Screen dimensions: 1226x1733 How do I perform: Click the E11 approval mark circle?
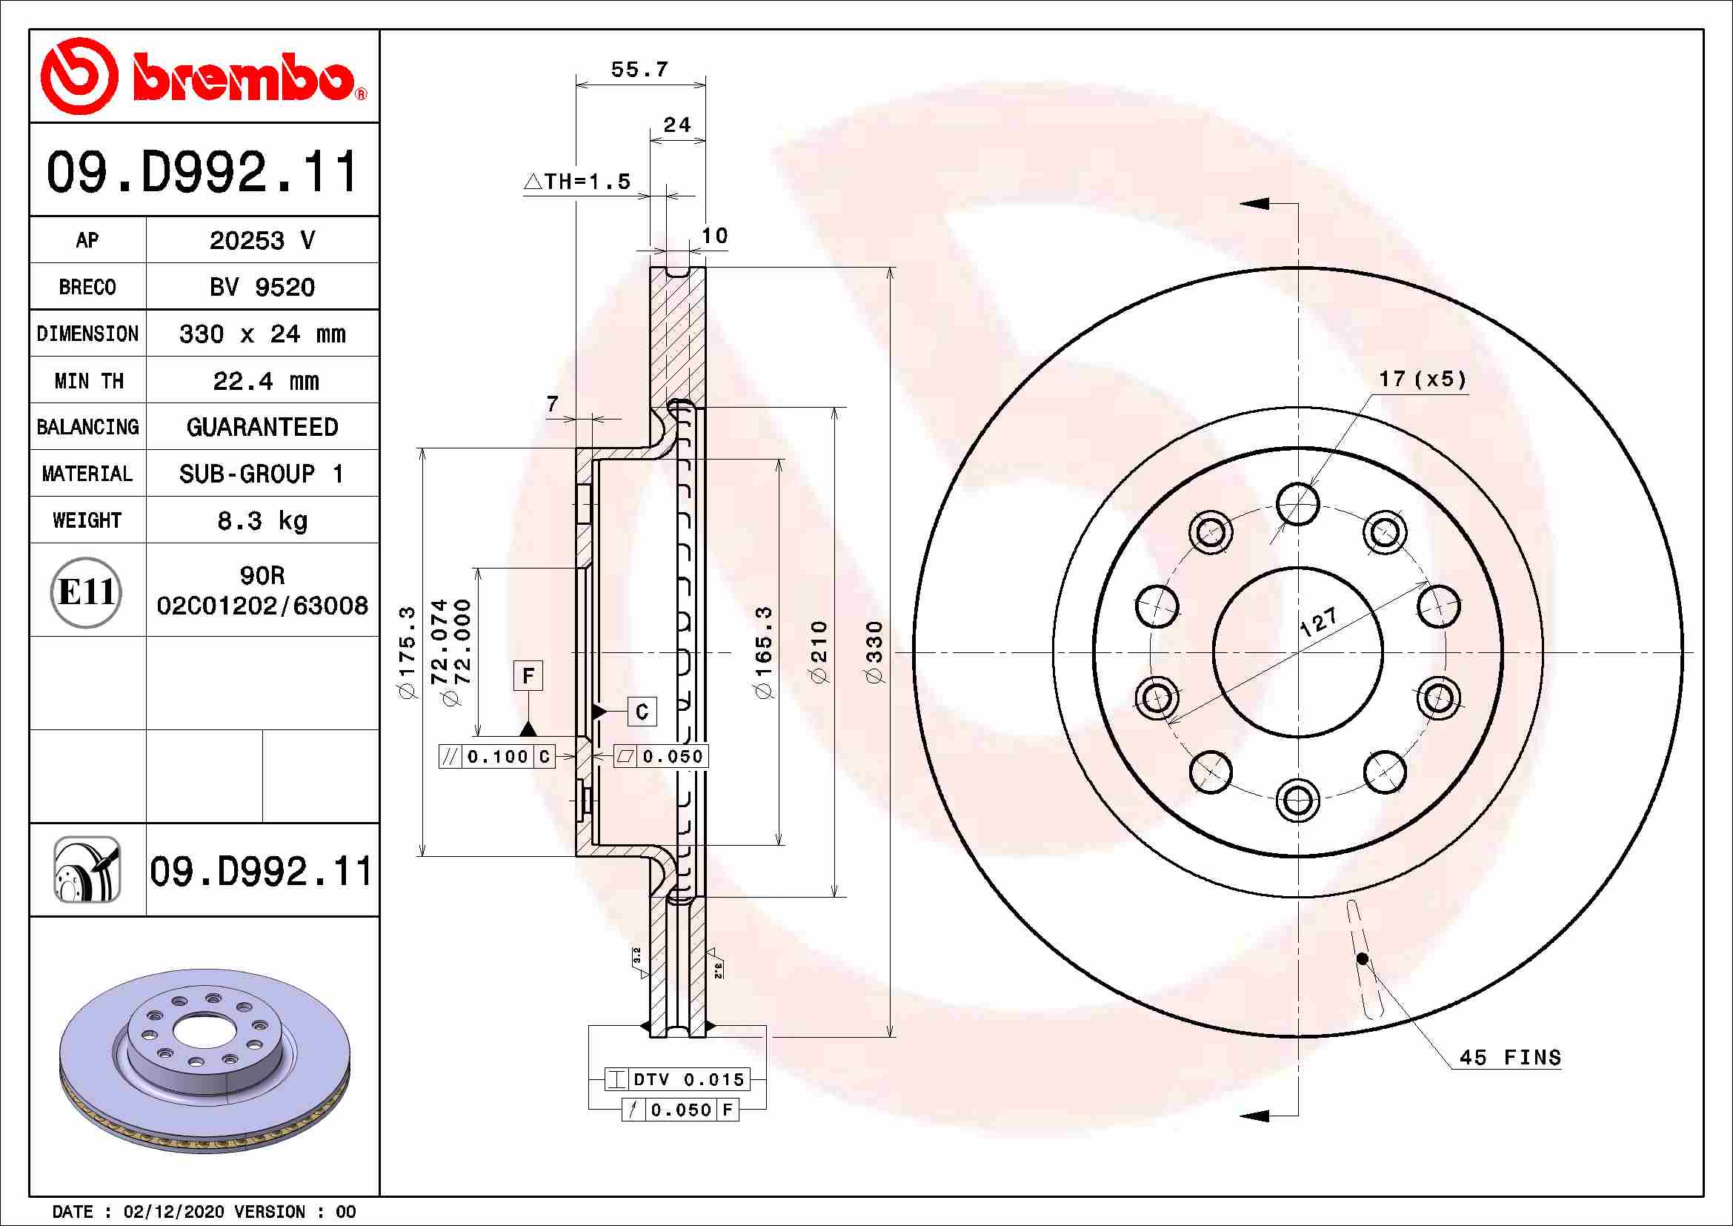click(x=86, y=592)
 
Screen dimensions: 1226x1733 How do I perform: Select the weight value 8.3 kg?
click(x=262, y=521)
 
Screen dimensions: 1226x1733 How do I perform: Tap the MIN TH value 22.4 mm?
click(x=265, y=381)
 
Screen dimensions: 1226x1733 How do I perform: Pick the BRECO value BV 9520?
click(x=262, y=288)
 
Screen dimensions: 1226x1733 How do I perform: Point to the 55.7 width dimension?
click(x=639, y=70)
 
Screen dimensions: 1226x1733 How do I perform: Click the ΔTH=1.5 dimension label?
click(x=578, y=182)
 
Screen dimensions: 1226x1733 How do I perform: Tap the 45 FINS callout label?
click(x=1509, y=1057)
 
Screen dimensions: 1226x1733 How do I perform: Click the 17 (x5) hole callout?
click(x=1422, y=379)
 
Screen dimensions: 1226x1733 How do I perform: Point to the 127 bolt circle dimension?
click(x=1319, y=622)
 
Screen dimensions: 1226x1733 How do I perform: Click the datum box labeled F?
click(x=528, y=676)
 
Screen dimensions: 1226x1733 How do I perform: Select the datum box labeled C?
click(x=642, y=712)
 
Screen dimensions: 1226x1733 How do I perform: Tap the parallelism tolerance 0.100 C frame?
click(x=497, y=757)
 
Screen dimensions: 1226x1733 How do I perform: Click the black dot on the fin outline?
click(x=1362, y=958)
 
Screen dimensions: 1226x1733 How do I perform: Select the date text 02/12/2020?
click(x=173, y=1212)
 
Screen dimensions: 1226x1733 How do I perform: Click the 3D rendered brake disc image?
click(x=204, y=1061)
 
